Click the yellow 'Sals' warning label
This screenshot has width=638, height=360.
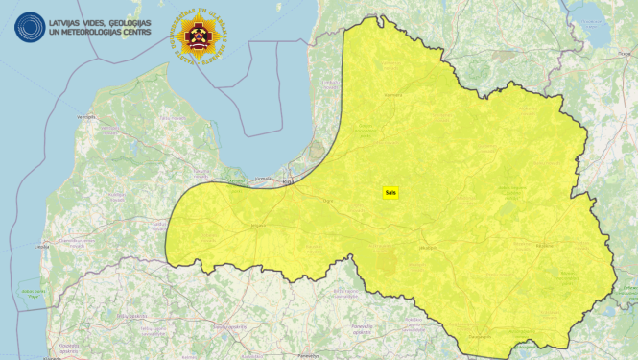click(390, 192)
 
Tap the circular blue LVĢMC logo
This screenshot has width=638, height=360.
click(29, 26)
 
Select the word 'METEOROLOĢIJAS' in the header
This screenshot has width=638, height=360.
click(81, 32)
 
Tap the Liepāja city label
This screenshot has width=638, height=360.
click(41, 247)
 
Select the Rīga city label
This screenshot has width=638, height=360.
click(288, 180)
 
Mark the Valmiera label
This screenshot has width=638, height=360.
click(391, 95)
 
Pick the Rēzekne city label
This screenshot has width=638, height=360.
click(545, 246)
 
